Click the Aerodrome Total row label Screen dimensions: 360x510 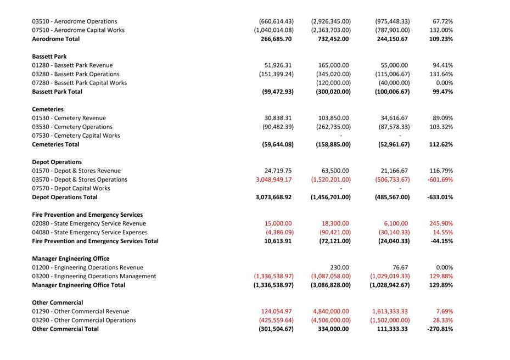tap(55, 39)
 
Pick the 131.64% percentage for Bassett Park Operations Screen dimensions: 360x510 tap(441, 74)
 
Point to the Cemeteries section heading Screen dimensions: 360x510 tap(48, 109)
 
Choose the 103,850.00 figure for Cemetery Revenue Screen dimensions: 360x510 tap(333, 118)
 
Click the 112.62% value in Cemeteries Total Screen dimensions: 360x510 tap(441, 144)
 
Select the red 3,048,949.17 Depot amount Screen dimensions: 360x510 tap(273, 179)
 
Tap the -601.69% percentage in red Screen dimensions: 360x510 tap(440, 179)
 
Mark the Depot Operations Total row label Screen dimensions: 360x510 tap(65, 197)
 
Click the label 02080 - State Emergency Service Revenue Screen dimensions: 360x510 tap(89, 223)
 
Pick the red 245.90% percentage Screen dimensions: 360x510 tap(441, 223)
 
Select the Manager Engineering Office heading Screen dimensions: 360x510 tap(71, 258)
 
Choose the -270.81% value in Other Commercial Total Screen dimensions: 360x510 tap(440, 329)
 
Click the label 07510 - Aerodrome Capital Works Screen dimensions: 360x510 tap(78, 30)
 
